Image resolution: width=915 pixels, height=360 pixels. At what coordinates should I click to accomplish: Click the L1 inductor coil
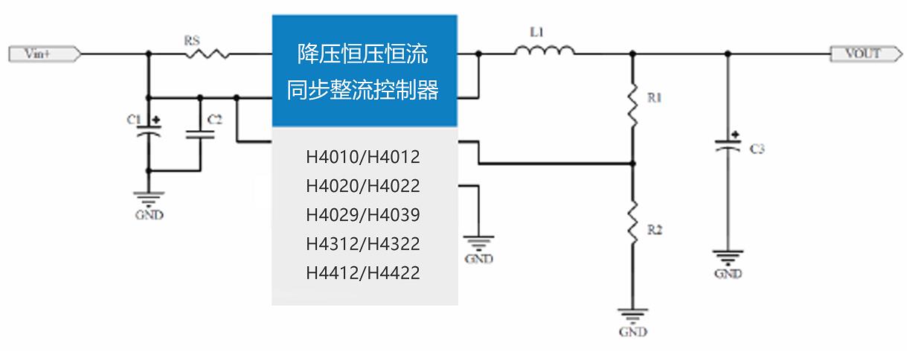[x=544, y=51]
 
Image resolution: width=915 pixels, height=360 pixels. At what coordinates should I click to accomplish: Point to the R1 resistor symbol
[x=632, y=105]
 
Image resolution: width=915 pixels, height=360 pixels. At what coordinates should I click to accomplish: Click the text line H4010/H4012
[x=363, y=158]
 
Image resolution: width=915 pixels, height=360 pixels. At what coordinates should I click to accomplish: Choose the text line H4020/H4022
[x=363, y=186]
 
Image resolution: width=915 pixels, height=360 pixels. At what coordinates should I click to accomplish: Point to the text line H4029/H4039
[x=363, y=215]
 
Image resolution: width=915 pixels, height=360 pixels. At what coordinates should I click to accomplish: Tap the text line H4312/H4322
[x=363, y=244]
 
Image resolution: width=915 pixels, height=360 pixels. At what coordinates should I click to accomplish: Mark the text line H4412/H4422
[x=363, y=273]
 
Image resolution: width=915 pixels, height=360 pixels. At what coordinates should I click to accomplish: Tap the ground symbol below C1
[x=149, y=199]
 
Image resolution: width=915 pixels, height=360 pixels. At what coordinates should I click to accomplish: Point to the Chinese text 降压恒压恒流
[x=363, y=54]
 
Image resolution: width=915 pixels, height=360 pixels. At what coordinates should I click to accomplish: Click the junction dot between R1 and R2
[x=632, y=163]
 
